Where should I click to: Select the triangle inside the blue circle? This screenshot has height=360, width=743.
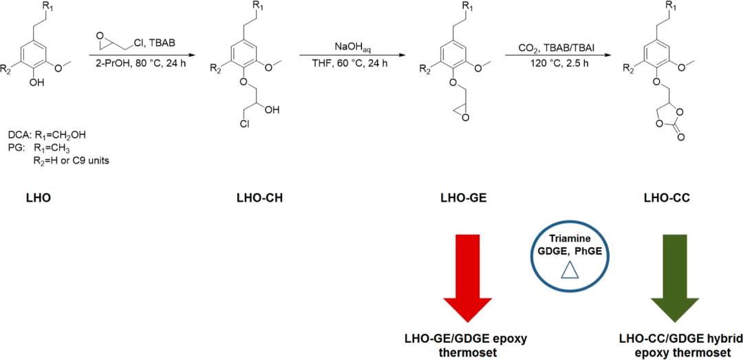tap(570, 272)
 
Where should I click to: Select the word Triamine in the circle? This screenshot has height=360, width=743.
tap(570, 238)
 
